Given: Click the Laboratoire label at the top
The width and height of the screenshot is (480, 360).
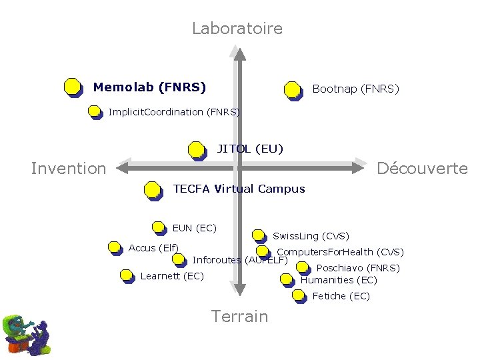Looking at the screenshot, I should [x=237, y=29].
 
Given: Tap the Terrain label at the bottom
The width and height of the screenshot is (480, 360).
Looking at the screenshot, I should [x=239, y=317].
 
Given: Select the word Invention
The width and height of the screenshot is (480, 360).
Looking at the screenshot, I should [x=69, y=169].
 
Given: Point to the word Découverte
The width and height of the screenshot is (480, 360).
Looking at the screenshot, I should [x=422, y=169].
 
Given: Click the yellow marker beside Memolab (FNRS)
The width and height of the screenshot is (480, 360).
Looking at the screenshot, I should [x=73, y=87].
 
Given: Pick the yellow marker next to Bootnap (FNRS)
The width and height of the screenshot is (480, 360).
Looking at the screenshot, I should [x=292, y=89].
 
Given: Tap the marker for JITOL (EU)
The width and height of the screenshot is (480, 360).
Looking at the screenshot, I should [x=196, y=150].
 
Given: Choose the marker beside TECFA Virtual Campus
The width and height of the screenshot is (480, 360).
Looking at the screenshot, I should [x=153, y=191].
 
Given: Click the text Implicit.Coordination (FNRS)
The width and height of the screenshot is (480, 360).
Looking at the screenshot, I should [x=174, y=112].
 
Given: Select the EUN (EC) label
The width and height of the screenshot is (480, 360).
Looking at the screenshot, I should [x=194, y=228].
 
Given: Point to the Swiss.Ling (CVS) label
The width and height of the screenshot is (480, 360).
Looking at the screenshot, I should [x=311, y=236].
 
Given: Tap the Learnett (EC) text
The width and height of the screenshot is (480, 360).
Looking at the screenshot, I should [x=172, y=276].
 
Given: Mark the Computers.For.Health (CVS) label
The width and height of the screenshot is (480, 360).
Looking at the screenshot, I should [x=340, y=252].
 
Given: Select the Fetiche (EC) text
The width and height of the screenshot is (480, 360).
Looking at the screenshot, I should [x=341, y=296].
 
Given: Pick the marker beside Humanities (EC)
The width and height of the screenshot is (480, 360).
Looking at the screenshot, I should [x=287, y=280].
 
